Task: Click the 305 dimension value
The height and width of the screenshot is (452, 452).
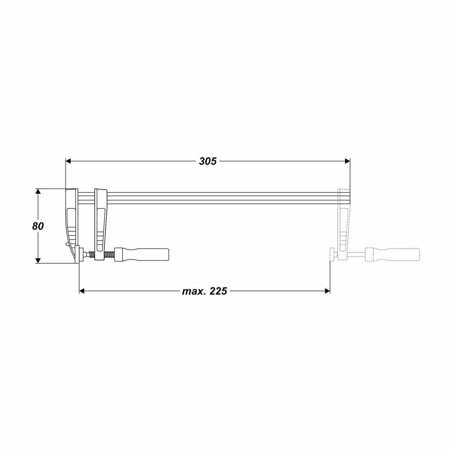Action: coord(208,161)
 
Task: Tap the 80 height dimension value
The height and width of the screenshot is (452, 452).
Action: coord(38,226)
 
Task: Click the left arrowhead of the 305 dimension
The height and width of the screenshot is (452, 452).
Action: coord(68,161)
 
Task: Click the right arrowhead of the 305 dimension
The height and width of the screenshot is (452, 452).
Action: coord(347,161)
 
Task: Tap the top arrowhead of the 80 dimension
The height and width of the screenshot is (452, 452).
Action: coord(38,192)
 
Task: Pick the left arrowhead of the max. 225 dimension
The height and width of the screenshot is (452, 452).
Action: coord(82,291)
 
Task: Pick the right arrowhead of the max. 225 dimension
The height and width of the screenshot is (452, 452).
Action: coord(328,291)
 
